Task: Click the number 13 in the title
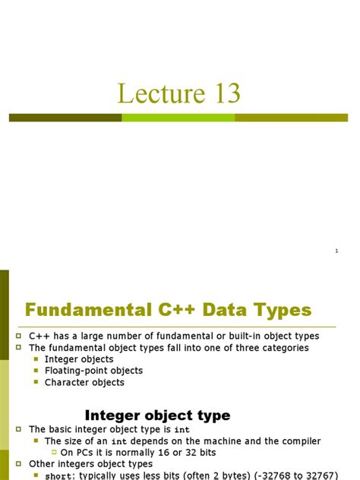(223, 93)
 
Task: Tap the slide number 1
(336, 251)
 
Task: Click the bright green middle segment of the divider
(178, 118)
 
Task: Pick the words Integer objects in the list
(79, 359)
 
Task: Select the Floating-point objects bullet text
(93, 371)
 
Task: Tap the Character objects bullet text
(84, 382)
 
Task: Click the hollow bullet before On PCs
(54, 453)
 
